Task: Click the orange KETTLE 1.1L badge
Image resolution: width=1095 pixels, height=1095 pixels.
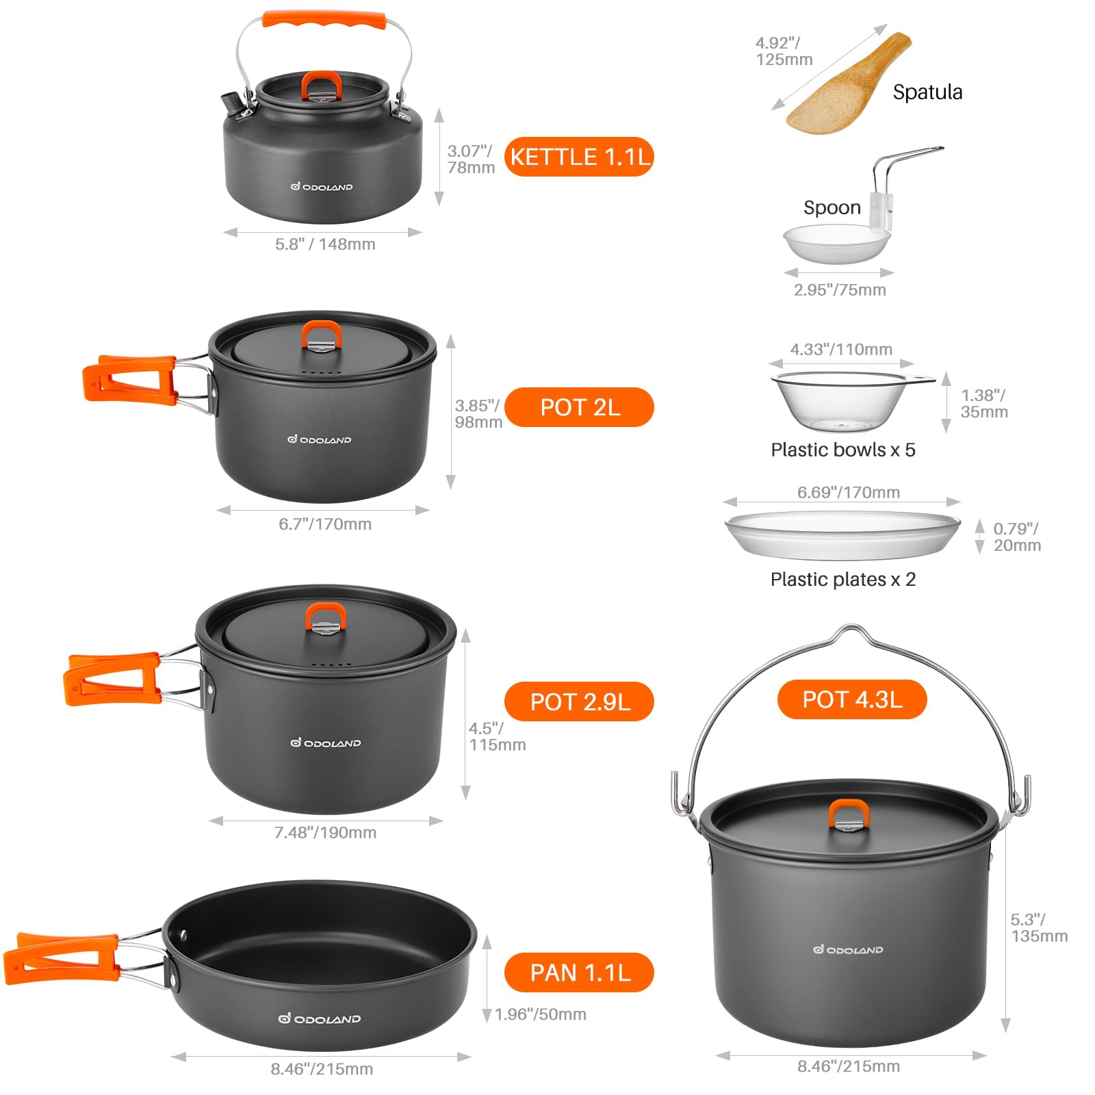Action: pyautogui.click(x=579, y=157)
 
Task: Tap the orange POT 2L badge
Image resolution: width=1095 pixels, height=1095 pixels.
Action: pyautogui.click(x=579, y=407)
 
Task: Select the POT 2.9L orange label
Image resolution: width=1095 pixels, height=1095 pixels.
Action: pyautogui.click(x=579, y=701)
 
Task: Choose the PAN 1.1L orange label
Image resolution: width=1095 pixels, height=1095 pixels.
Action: pyautogui.click(x=579, y=972)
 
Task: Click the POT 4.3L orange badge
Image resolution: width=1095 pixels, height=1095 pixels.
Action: pyautogui.click(x=852, y=699)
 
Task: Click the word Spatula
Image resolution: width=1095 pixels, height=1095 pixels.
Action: pyautogui.click(x=927, y=92)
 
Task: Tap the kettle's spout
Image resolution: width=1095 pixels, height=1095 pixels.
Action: pyautogui.click(x=233, y=103)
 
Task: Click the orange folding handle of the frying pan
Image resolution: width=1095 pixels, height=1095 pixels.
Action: pyautogui.click(x=62, y=958)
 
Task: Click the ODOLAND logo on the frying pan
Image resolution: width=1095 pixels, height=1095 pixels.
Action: pyautogui.click(x=319, y=1019)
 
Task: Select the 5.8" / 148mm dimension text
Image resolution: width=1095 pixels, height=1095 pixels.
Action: pyautogui.click(x=325, y=244)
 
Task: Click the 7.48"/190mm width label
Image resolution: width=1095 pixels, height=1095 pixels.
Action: pyautogui.click(x=325, y=832)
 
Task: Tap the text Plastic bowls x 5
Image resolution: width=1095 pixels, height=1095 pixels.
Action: pyautogui.click(x=842, y=450)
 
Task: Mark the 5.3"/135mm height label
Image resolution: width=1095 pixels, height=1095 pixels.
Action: pyautogui.click(x=1039, y=927)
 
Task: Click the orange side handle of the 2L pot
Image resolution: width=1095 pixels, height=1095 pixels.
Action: pyautogui.click(x=129, y=379)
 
